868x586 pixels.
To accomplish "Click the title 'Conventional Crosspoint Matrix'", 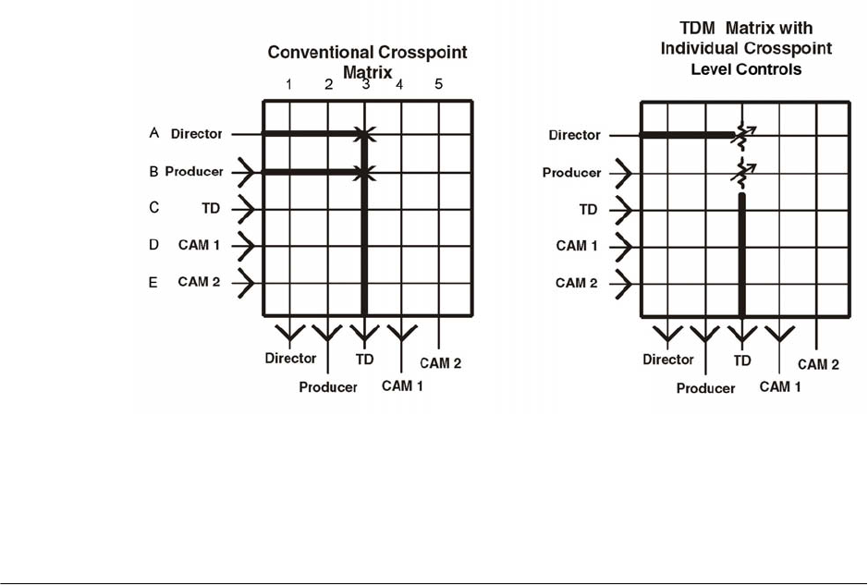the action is coord(367,61).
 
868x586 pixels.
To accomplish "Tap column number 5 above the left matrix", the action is coord(439,84).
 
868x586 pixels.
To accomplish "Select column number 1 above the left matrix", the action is coord(289,84).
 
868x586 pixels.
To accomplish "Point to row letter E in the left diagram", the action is coord(153,283).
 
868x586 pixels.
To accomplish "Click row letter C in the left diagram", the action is coord(153,208).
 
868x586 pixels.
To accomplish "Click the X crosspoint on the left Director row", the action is coord(364,135).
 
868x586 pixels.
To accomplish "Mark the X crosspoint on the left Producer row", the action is coord(364,172).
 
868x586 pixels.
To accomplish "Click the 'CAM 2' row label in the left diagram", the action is coord(199,282).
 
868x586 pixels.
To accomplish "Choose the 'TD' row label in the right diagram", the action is coord(589,210).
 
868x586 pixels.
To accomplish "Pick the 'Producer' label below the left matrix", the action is coord(328,387).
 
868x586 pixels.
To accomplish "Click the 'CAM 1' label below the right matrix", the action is coord(780,386).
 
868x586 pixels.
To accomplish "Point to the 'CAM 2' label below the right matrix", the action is coord(818,365).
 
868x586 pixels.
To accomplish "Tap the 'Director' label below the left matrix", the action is coord(290,359).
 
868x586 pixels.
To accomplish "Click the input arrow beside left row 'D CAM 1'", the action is coord(245,246).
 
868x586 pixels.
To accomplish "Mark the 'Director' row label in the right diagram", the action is coord(575,135).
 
